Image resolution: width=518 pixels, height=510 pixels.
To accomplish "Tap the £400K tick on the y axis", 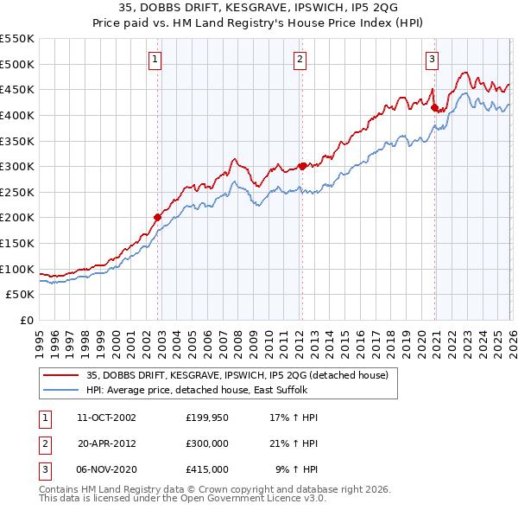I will pos(17,115).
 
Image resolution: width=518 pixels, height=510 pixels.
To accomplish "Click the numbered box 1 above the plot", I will pos(155,60).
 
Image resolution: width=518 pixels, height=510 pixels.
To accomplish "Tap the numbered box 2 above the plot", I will pos(300,60).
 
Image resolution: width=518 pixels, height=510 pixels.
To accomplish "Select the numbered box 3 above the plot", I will pos(432,60).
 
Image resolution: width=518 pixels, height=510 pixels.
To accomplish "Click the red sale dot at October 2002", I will pos(158,218).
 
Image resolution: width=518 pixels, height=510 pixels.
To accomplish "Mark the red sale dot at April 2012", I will pos(302,166).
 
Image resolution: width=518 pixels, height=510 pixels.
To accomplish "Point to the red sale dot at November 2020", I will pos(435,108).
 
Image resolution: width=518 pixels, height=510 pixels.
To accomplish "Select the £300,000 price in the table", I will pos(207,443).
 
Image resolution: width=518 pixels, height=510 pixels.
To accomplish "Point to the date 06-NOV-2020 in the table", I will pos(106,469).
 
